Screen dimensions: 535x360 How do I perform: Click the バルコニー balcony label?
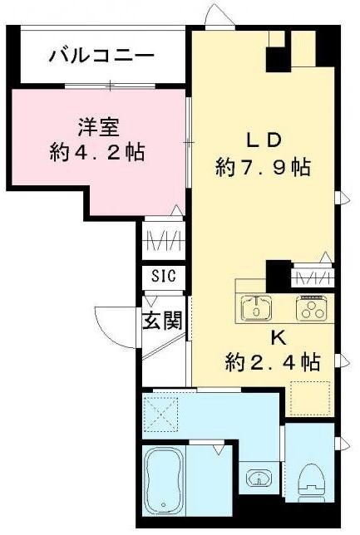click(x=101, y=57)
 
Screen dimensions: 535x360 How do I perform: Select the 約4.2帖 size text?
click(x=96, y=153)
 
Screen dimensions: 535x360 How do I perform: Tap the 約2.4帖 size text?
click(x=272, y=362)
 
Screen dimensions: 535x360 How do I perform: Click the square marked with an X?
click(x=162, y=411)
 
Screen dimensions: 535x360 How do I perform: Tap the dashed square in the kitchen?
click(x=309, y=396)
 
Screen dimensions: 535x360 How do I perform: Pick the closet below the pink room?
click(x=163, y=241)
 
